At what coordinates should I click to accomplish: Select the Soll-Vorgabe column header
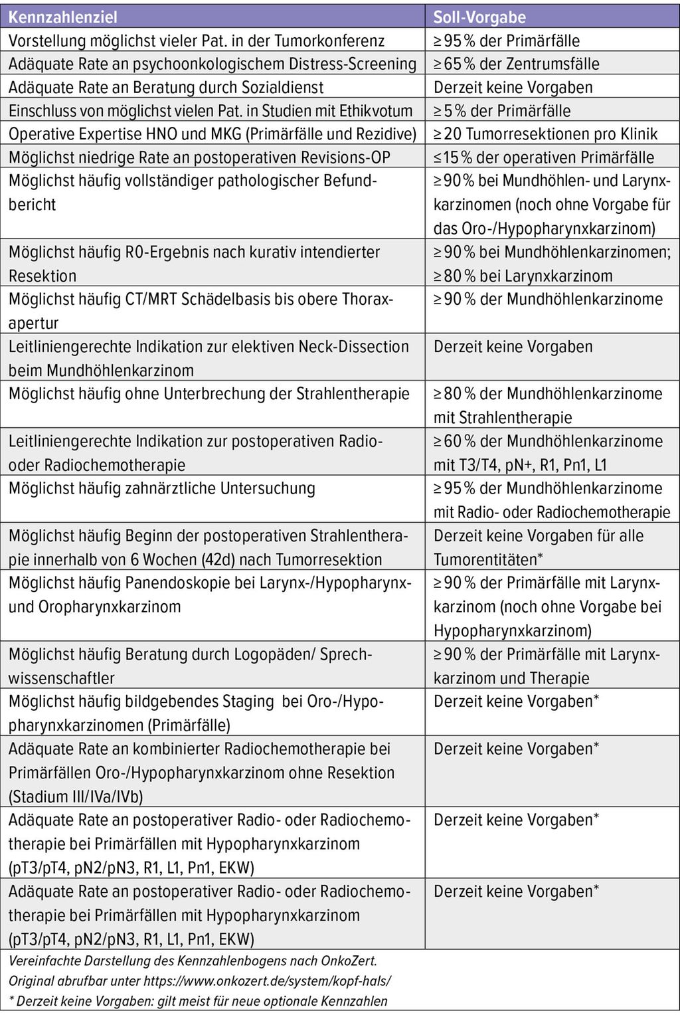pos(479,17)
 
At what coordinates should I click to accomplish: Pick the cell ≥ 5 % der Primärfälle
pos(502,110)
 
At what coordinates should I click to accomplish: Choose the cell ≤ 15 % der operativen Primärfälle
pos(544,157)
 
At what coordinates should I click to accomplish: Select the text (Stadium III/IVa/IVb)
pos(76,796)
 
